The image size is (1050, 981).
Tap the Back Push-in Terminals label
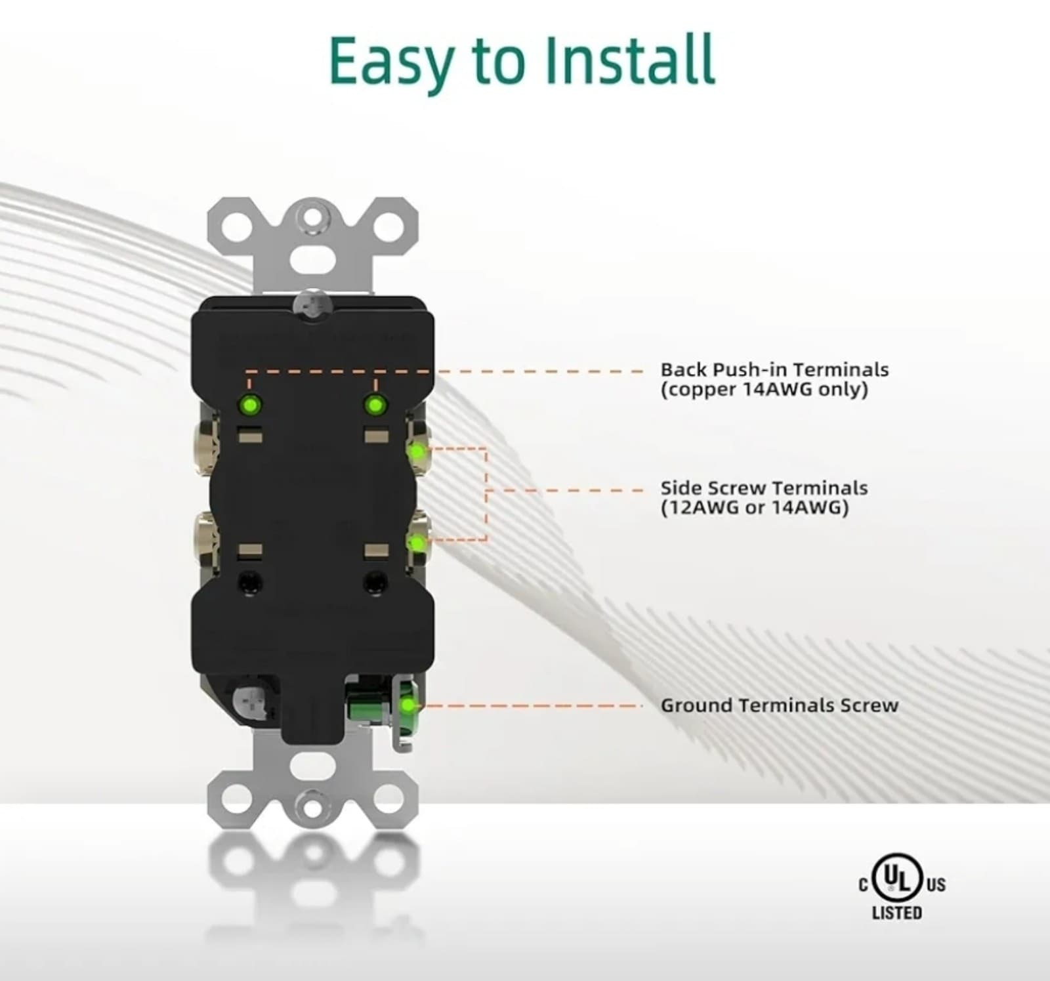[x=774, y=369]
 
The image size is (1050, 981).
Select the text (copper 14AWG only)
[x=764, y=390]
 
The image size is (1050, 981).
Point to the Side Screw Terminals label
[x=764, y=488]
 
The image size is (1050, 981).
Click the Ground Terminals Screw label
[x=779, y=705]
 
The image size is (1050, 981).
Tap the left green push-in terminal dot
[x=249, y=404]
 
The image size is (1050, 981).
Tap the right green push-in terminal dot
[x=375, y=405]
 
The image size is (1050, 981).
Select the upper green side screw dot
[x=415, y=451]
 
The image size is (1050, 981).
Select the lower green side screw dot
[x=415, y=543]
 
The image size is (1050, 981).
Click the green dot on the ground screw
[x=408, y=705]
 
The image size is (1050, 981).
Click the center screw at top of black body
[x=312, y=304]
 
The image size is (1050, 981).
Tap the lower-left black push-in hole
[x=250, y=581]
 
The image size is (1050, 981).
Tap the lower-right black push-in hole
[x=375, y=581]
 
